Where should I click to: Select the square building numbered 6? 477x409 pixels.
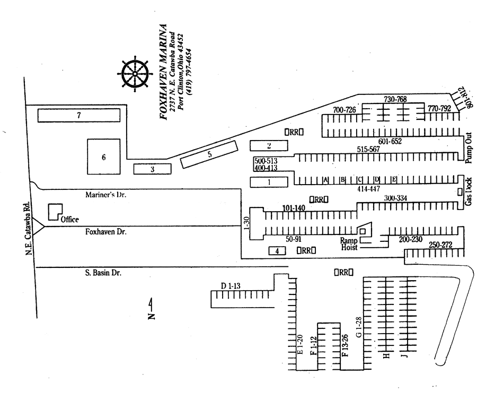tap(104, 157)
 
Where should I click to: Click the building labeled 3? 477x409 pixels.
tap(152, 169)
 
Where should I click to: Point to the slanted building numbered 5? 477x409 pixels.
tap(209, 155)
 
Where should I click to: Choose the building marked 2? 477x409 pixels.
tap(269, 145)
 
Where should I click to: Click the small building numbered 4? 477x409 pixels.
tap(277, 251)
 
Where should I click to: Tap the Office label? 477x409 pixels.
tap(69, 219)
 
